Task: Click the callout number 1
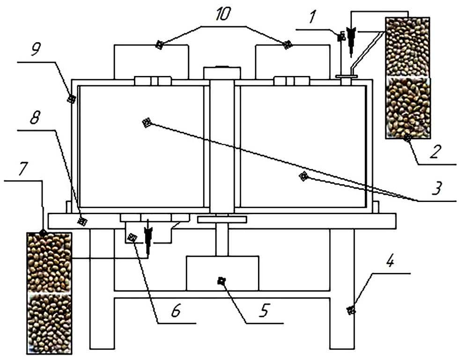click(x=313, y=17)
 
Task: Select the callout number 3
click(x=437, y=188)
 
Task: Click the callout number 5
click(x=264, y=310)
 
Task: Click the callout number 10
click(x=223, y=14)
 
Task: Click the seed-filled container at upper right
click(x=408, y=78)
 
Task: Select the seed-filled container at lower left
click(x=49, y=293)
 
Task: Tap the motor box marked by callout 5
click(x=222, y=273)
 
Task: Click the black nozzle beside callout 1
click(x=350, y=40)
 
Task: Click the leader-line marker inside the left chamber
click(x=147, y=122)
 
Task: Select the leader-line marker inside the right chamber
click(x=304, y=176)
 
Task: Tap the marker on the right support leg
click(x=351, y=310)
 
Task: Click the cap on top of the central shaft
click(x=222, y=73)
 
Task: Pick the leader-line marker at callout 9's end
click(x=71, y=99)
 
